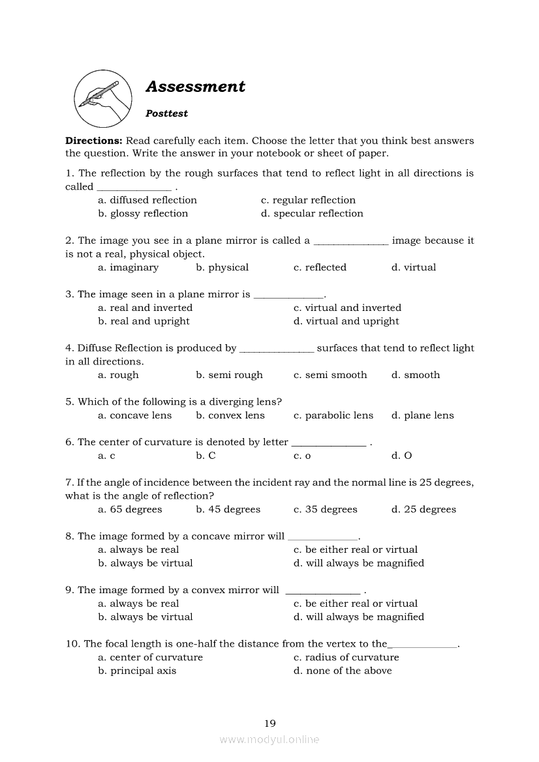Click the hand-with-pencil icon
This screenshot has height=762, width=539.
100,99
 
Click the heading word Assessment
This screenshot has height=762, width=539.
195,87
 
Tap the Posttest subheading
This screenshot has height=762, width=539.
166,113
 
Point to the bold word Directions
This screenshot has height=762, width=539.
93,141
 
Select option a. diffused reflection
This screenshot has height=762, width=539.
147,200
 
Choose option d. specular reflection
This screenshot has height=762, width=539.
312,214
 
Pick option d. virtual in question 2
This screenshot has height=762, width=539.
414,267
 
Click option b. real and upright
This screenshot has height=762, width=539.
144,321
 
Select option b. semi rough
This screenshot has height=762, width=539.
229,375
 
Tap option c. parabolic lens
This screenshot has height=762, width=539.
333,415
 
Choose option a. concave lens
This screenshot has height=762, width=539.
135,415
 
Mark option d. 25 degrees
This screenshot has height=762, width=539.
423,510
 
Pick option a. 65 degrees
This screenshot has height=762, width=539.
130,510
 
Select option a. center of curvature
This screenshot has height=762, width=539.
150,657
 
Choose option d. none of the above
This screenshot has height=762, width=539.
343,671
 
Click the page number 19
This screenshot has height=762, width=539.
270,723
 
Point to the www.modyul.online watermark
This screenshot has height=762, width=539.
269,739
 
